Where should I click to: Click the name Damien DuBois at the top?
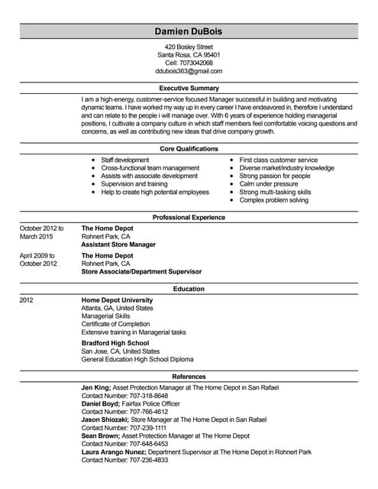[x=189, y=31]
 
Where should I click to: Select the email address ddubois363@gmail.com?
[x=189, y=71]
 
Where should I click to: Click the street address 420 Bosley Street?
[x=189, y=47]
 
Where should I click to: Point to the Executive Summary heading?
[x=189, y=89]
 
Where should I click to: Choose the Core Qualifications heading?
[x=189, y=148]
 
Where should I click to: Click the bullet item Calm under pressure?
[x=269, y=184]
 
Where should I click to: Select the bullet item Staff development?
[x=125, y=160]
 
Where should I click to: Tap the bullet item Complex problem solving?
[x=274, y=200]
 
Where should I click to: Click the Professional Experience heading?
[x=189, y=218]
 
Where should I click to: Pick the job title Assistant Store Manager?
[x=118, y=244]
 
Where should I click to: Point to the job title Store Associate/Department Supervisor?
[x=141, y=271]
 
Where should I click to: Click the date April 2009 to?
[x=38, y=255]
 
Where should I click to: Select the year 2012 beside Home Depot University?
[x=27, y=300]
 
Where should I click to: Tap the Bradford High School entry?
[x=116, y=343]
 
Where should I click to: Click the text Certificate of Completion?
[x=117, y=324]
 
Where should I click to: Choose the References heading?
[x=189, y=377]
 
